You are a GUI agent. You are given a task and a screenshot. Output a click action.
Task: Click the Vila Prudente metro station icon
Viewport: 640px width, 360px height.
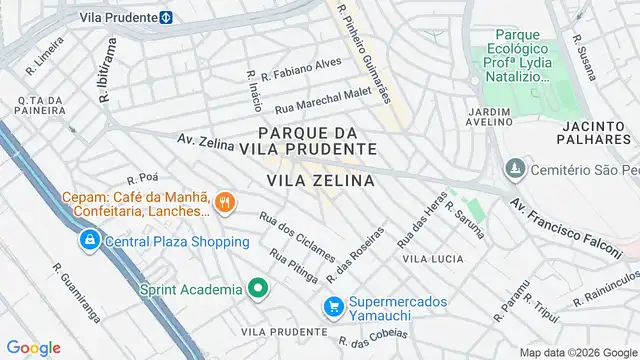point(166,16)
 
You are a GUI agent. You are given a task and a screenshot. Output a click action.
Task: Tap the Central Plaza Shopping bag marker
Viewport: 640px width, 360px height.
point(90,241)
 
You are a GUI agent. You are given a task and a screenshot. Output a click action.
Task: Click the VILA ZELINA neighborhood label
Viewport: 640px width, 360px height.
point(321,181)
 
